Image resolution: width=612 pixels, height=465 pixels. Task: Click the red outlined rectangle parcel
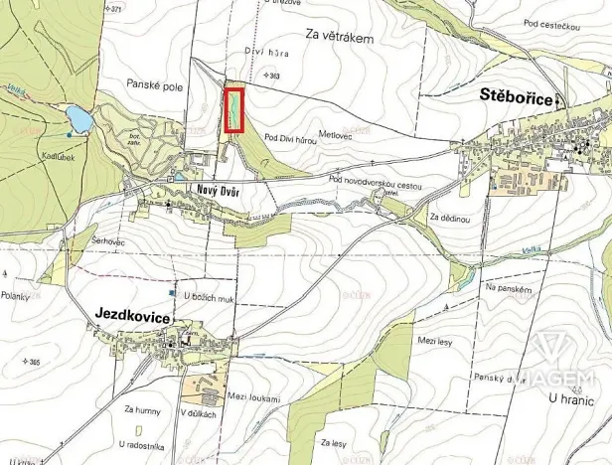click(234, 110)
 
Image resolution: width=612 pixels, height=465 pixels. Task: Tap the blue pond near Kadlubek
click(79, 121)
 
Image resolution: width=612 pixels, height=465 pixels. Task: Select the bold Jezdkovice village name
click(133, 314)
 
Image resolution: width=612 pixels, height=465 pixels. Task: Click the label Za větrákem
click(339, 38)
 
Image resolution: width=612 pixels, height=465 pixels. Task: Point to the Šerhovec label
click(108, 243)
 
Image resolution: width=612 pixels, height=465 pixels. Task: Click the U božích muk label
click(209, 296)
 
